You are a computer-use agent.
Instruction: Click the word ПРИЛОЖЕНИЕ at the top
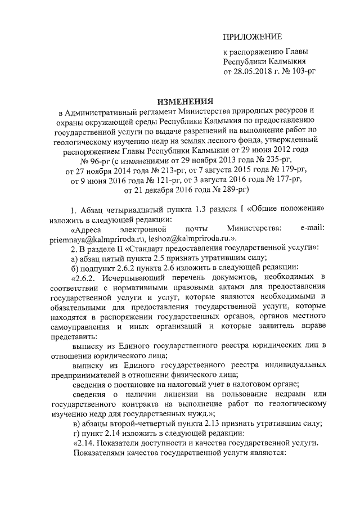(253, 37)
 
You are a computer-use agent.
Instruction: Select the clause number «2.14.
(84, 443)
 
